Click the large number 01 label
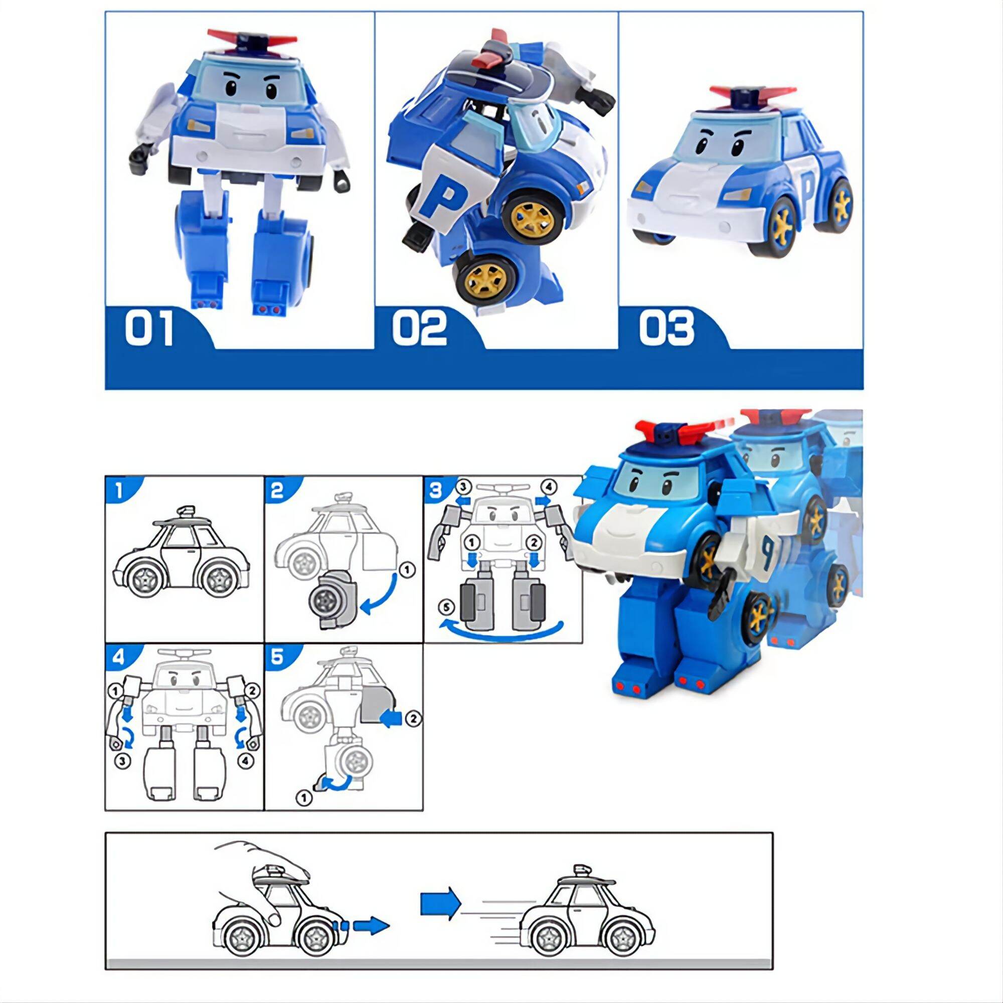(x=149, y=328)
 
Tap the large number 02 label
(x=419, y=328)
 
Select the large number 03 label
(x=666, y=328)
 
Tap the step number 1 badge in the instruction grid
(x=119, y=490)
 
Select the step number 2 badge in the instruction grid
(x=277, y=490)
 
